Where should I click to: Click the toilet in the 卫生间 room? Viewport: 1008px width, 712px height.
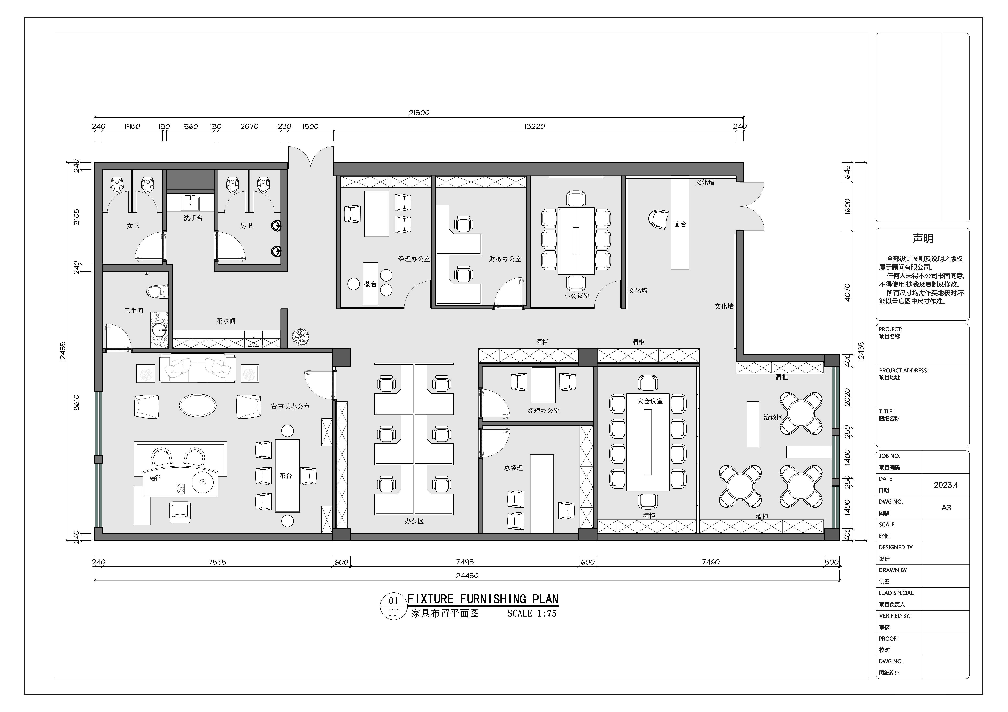pos(158,292)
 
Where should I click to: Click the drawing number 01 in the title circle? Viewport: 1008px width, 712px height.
pos(393,601)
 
